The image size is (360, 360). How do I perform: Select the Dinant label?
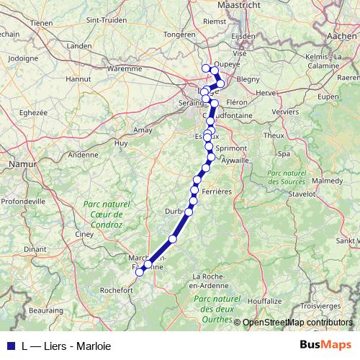point(34,249)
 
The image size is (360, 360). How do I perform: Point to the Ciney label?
point(84,234)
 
